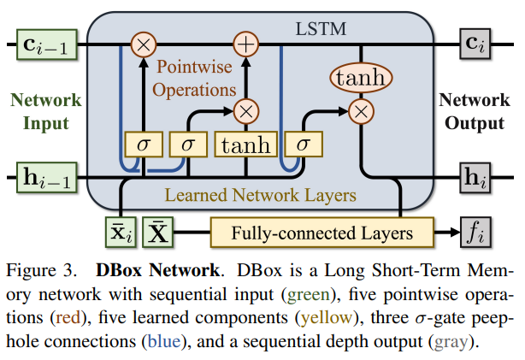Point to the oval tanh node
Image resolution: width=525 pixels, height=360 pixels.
tap(361, 79)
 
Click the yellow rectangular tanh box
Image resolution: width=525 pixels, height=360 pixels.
tap(246, 144)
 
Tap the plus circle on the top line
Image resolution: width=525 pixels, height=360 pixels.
tap(246, 42)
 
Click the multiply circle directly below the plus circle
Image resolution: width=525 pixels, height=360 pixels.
tap(246, 109)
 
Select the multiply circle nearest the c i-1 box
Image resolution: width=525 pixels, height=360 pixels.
tap(143, 42)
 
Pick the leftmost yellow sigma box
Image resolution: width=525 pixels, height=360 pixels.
tap(143, 144)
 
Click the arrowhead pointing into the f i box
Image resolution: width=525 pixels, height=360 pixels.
tap(452, 232)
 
